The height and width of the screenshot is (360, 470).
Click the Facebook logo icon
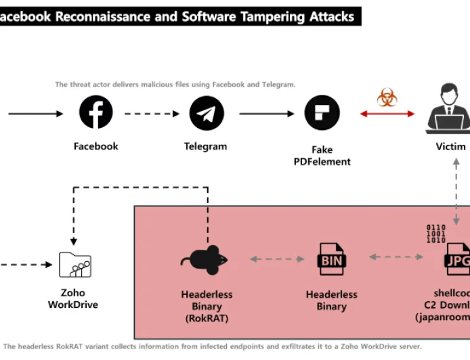click(96, 112)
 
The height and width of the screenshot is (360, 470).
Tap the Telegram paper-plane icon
click(206, 113)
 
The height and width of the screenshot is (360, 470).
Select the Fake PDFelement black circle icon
click(322, 113)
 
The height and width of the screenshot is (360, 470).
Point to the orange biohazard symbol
click(387, 97)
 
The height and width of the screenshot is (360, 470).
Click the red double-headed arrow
click(387, 114)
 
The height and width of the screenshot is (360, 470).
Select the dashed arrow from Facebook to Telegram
click(152, 114)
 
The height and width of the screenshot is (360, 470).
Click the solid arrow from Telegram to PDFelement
click(266, 114)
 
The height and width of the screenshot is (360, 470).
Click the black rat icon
click(205, 258)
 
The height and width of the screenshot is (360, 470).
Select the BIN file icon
click(332, 258)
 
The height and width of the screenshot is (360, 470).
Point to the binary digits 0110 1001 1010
click(435, 233)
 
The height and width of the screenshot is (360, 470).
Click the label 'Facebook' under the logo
click(96, 146)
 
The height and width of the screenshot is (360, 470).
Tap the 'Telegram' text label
click(206, 146)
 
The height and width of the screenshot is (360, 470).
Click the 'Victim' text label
click(451, 147)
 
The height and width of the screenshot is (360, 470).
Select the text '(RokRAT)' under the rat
click(207, 318)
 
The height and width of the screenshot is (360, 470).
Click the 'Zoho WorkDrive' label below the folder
click(73, 299)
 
